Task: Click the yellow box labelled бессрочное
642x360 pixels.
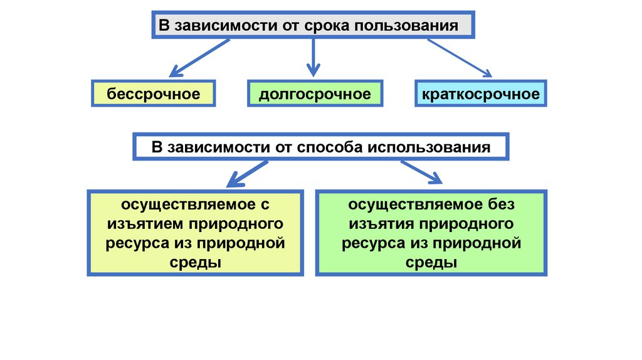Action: coord(154,94)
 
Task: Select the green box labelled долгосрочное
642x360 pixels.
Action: coord(315,94)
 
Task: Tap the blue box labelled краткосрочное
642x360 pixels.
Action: coord(480,94)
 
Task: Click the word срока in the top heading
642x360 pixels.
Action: coord(329,26)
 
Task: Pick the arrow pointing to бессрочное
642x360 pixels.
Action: coord(200,57)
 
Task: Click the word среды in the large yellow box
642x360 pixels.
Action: coord(196,262)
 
